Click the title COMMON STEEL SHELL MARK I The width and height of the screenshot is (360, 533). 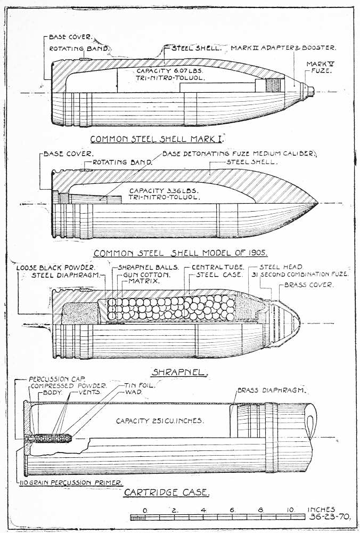156,140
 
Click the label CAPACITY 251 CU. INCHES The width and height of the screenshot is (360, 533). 160,421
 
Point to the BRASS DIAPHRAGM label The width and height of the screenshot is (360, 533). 271,390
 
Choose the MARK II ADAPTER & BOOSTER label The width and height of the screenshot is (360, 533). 283,48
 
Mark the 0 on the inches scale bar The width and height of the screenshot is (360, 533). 145,510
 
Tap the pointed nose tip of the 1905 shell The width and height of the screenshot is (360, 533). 318,204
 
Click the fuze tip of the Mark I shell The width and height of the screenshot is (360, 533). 313,92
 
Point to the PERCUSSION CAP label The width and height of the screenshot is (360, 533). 52,378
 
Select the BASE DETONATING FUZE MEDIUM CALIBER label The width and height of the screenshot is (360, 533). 240,154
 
